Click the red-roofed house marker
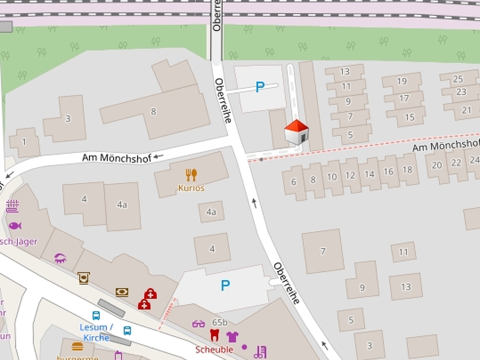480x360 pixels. coord(296,132)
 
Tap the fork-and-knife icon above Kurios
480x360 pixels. coord(191,175)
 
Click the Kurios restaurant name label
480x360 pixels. coord(191,188)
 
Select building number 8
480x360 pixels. coord(153,111)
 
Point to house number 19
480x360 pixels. coord(402,81)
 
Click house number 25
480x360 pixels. coord(458,79)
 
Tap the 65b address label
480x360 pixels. coord(219,322)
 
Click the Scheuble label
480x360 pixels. coord(214,349)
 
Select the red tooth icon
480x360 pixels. coord(215,335)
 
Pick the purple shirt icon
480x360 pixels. coord(232,336)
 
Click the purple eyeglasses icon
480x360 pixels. coord(198,323)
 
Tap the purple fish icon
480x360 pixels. coord(14,225)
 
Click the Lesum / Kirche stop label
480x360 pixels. coord(96,332)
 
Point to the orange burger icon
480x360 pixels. coord(77,346)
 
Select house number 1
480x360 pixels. coord(23,141)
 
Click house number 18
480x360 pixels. coord(407,169)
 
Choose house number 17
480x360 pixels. coord(404,98)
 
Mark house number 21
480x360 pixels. coord(466,110)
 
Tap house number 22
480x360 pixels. coord(456,163)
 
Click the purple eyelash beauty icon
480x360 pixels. coord(60,258)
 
